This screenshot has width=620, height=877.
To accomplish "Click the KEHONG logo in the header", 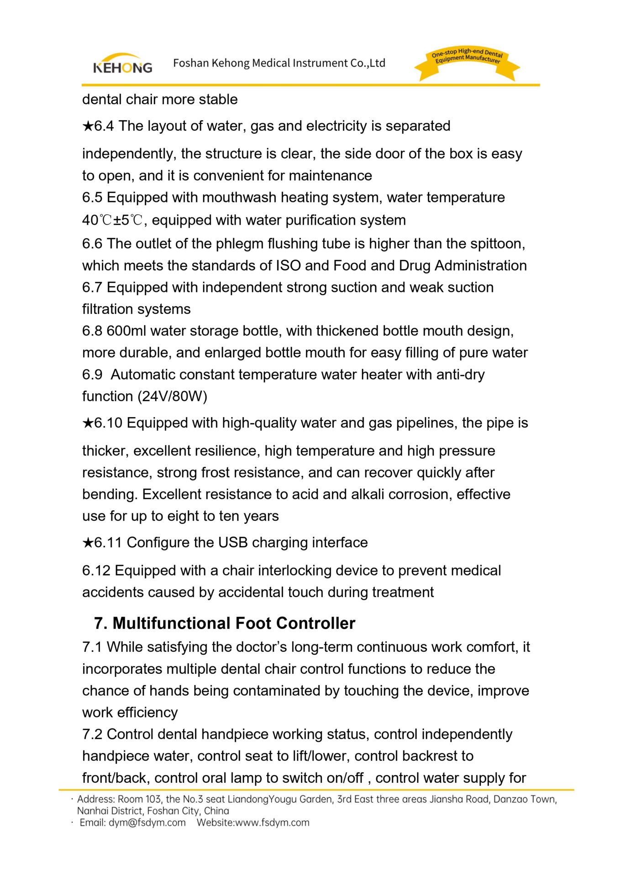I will click(x=122, y=64).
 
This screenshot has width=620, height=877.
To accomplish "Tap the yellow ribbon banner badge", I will click(x=467, y=64).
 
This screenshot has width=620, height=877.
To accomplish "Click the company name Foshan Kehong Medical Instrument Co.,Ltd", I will click(x=279, y=63).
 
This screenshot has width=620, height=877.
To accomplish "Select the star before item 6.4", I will click(x=88, y=126).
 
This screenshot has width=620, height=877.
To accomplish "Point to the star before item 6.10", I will click(x=88, y=423).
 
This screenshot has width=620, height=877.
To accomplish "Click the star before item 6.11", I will click(x=88, y=543).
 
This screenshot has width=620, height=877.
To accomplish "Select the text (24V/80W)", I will click(x=173, y=396).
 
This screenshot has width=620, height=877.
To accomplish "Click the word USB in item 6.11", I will click(x=233, y=543).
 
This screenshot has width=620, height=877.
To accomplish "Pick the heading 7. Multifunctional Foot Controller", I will click(x=225, y=623).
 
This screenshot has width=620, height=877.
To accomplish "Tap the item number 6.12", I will click(x=96, y=571).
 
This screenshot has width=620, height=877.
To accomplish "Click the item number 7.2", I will click(x=92, y=734).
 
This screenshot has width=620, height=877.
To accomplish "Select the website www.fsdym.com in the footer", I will click(x=272, y=823).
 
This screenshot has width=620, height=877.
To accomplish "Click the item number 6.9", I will click(x=92, y=375).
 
